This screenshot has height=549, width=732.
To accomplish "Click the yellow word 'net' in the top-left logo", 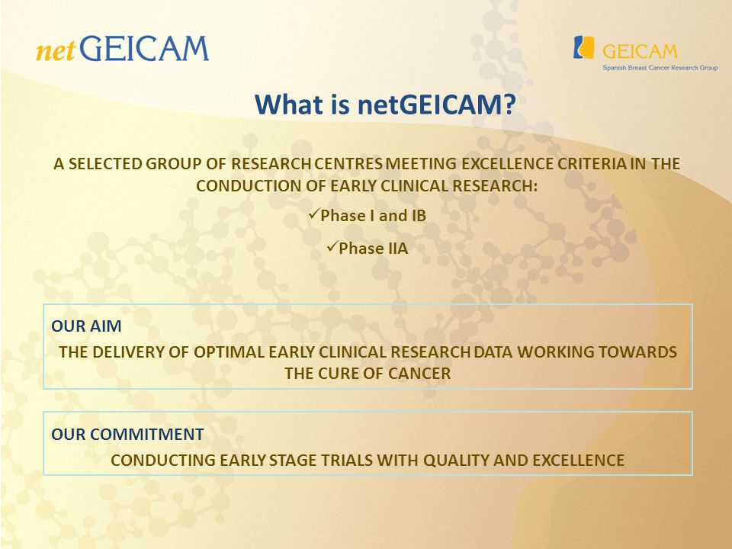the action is click(x=55, y=51).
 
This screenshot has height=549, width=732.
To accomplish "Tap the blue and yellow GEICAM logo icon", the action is click(x=583, y=47).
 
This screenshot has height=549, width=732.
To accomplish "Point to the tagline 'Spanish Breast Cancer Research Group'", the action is click(x=660, y=68).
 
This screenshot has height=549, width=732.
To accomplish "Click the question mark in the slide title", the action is click(x=509, y=104).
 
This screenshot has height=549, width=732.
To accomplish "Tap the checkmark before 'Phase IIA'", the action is click(x=332, y=246).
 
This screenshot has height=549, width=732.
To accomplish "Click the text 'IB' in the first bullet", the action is click(x=419, y=216).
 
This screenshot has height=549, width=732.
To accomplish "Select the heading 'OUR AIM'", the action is click(x=86, y=326).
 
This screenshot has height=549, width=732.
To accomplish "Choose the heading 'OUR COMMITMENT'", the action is click(x=127, y=434).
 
